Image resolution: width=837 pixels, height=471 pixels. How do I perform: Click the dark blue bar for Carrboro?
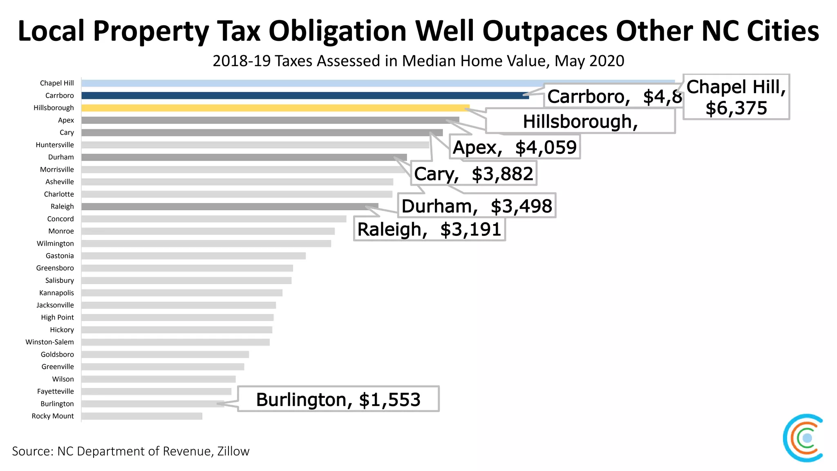tap(302, 96)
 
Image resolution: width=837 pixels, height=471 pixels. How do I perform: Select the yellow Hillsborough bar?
tap(274, 108)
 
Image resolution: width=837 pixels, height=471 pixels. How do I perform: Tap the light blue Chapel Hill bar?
tap(368, 83)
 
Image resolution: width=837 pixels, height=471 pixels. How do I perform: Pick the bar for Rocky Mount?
tap(141, 416)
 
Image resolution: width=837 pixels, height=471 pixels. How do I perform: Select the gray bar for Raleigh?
tap(229, 206)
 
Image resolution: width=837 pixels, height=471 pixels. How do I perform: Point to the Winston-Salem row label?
tap(49, 342)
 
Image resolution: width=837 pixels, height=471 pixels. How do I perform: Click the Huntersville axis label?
tap(55, 145)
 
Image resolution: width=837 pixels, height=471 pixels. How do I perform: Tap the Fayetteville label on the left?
tap(56, 391)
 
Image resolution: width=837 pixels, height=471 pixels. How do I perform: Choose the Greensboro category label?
tap(55, 268)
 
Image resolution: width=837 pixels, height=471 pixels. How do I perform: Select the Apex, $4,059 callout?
tap(515, 147)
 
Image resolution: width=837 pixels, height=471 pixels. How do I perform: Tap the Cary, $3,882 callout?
tap(474, 174)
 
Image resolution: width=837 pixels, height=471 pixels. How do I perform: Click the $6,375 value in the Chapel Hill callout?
tap(736, 108)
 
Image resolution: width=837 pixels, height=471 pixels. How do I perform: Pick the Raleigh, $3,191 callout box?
tap(429, 229)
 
